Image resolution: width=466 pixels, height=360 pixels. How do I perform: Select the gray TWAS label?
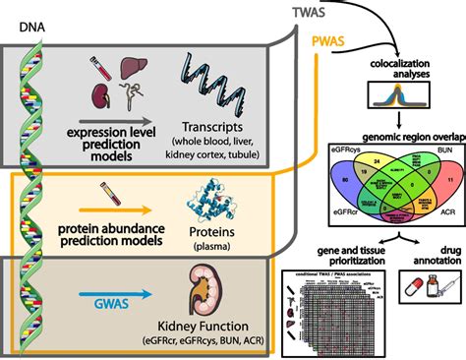[x=305, y=12]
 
